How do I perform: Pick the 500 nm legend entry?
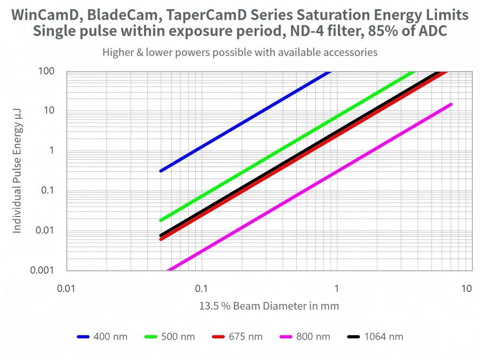click(x=170, y=336)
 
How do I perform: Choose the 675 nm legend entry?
click(x=237, y=336)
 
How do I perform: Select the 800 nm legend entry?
click(x=305, y=336)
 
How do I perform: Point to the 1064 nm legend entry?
click(x=374, y=336)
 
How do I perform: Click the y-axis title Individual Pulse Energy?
click(x=17, y=171)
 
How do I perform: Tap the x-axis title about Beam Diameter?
click(x=269, y=306)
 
